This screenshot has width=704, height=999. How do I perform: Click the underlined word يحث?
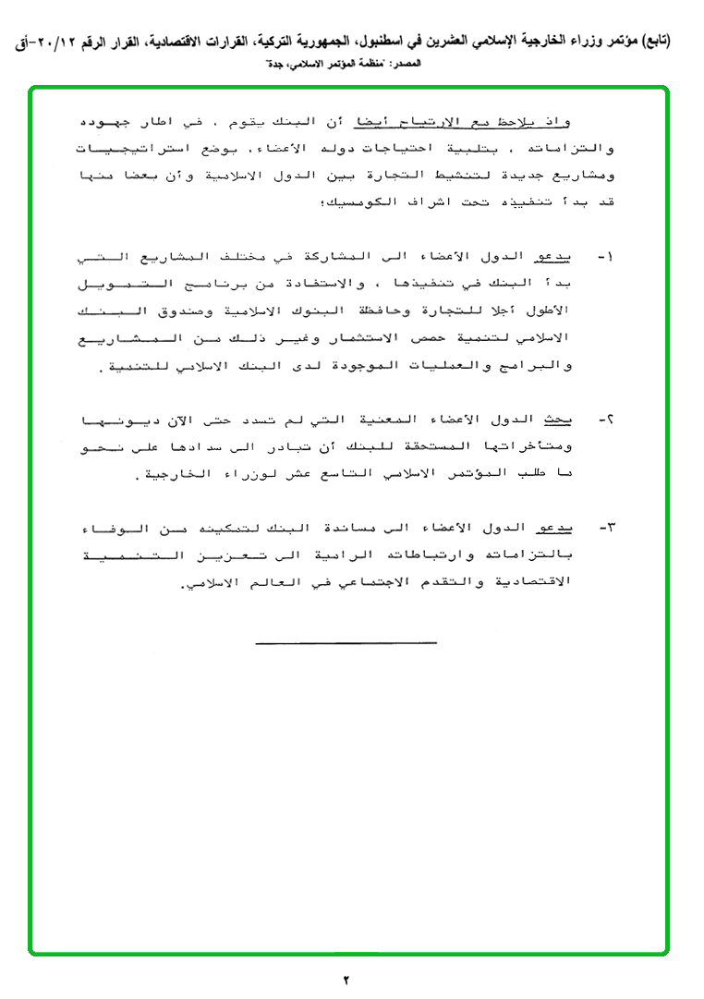(x=555, y=420)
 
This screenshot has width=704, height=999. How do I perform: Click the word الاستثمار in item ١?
(x=322, y=339)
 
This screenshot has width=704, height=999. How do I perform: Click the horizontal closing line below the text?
(x=346, y=640)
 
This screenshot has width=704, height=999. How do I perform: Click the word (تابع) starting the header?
(x=652, y=41)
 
